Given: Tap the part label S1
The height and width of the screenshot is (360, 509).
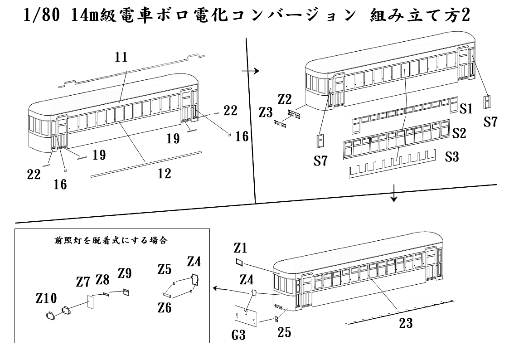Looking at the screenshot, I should (467, 109).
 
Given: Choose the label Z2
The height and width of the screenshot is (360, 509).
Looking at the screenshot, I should (286, 99).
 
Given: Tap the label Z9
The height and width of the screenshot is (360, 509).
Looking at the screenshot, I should (125, 273).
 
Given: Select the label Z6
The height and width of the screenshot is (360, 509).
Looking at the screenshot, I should (165, 307).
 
